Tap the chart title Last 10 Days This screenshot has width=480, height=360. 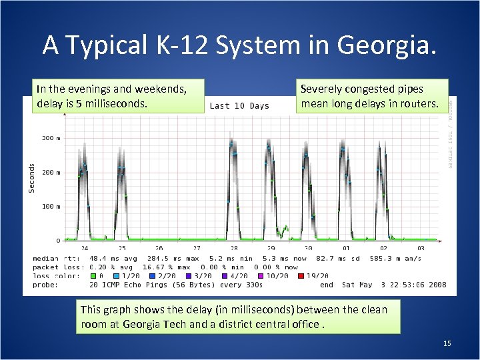pos(239,105)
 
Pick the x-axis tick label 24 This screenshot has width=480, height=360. pos(85,248)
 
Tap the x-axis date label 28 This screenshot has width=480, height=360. pos(234,248)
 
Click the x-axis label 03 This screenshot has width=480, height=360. pos(421,248)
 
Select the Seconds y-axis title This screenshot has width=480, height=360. pos(31,178)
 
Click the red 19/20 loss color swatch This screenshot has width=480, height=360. pos(302,275)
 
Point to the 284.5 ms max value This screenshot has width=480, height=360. pos(163,258)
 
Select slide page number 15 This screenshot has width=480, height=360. pos(447,343)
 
